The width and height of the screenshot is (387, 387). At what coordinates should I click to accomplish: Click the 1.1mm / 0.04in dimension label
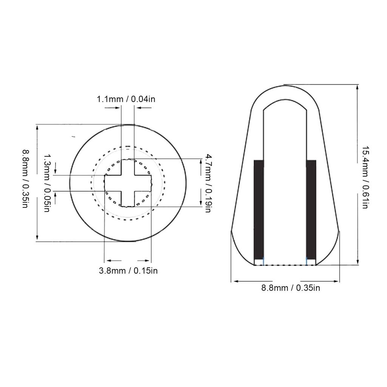[126, 99]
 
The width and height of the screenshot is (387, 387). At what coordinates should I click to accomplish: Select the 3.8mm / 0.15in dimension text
[128, 271]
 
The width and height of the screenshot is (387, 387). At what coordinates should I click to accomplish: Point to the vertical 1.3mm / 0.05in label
[47, 183]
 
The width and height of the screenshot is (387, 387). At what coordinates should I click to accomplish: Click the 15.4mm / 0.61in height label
[365, 178]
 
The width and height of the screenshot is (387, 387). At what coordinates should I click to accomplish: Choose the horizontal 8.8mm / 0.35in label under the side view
[291, 288]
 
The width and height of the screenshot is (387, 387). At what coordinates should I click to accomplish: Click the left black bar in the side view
[258, 208]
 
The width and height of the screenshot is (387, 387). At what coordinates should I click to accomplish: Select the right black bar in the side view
[311, 208]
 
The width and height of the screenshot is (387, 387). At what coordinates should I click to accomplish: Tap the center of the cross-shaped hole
[128, 183]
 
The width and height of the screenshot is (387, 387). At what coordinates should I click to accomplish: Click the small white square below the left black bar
[259, 262]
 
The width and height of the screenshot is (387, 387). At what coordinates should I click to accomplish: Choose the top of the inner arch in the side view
[284, 101]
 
